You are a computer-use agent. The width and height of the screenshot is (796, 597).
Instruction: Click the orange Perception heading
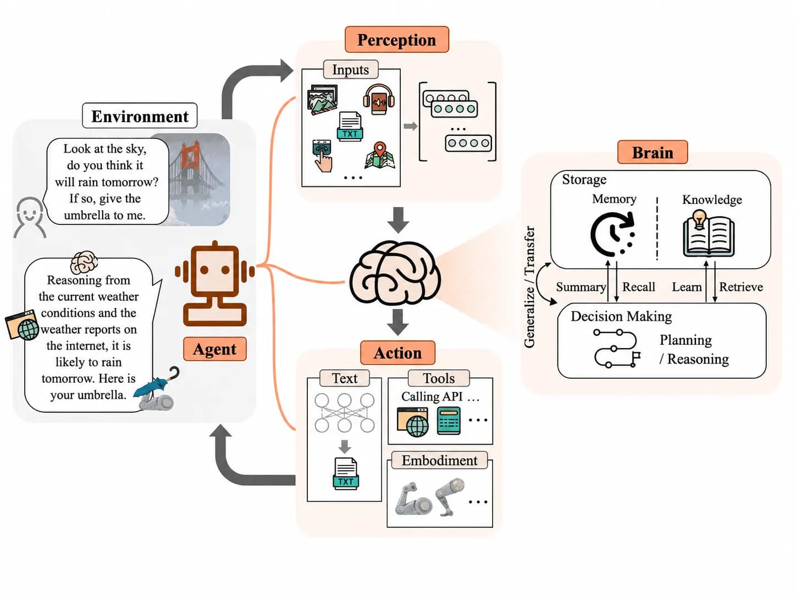(397, 40)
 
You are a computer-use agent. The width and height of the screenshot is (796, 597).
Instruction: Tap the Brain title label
(653, 152)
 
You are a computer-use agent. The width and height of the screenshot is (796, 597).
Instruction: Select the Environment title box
(140, 116)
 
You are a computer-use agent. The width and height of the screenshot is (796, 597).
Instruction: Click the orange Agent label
(215, 349)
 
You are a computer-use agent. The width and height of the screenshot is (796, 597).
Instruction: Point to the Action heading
(397, 353)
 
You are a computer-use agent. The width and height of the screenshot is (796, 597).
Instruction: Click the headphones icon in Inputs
(379, 99)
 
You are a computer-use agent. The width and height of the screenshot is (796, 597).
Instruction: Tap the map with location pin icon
(379, 156)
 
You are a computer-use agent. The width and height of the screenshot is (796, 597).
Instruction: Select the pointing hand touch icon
(322, 156)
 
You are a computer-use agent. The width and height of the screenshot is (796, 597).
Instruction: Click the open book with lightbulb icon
(709, 234)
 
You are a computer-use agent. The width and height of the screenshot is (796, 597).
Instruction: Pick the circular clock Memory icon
(613, 234)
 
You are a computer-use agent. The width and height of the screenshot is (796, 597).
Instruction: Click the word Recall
(639, 287)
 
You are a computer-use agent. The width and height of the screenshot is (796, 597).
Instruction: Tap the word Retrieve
(741, 287)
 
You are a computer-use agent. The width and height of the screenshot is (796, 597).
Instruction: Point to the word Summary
(581, 287)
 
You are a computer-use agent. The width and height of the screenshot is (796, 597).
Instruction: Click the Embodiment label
(440, 460)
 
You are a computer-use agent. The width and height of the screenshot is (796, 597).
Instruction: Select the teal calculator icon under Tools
(449, 421)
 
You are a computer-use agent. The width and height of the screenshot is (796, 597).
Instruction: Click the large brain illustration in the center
(395, 272)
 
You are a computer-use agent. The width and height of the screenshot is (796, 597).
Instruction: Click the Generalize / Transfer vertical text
(529, 287)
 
